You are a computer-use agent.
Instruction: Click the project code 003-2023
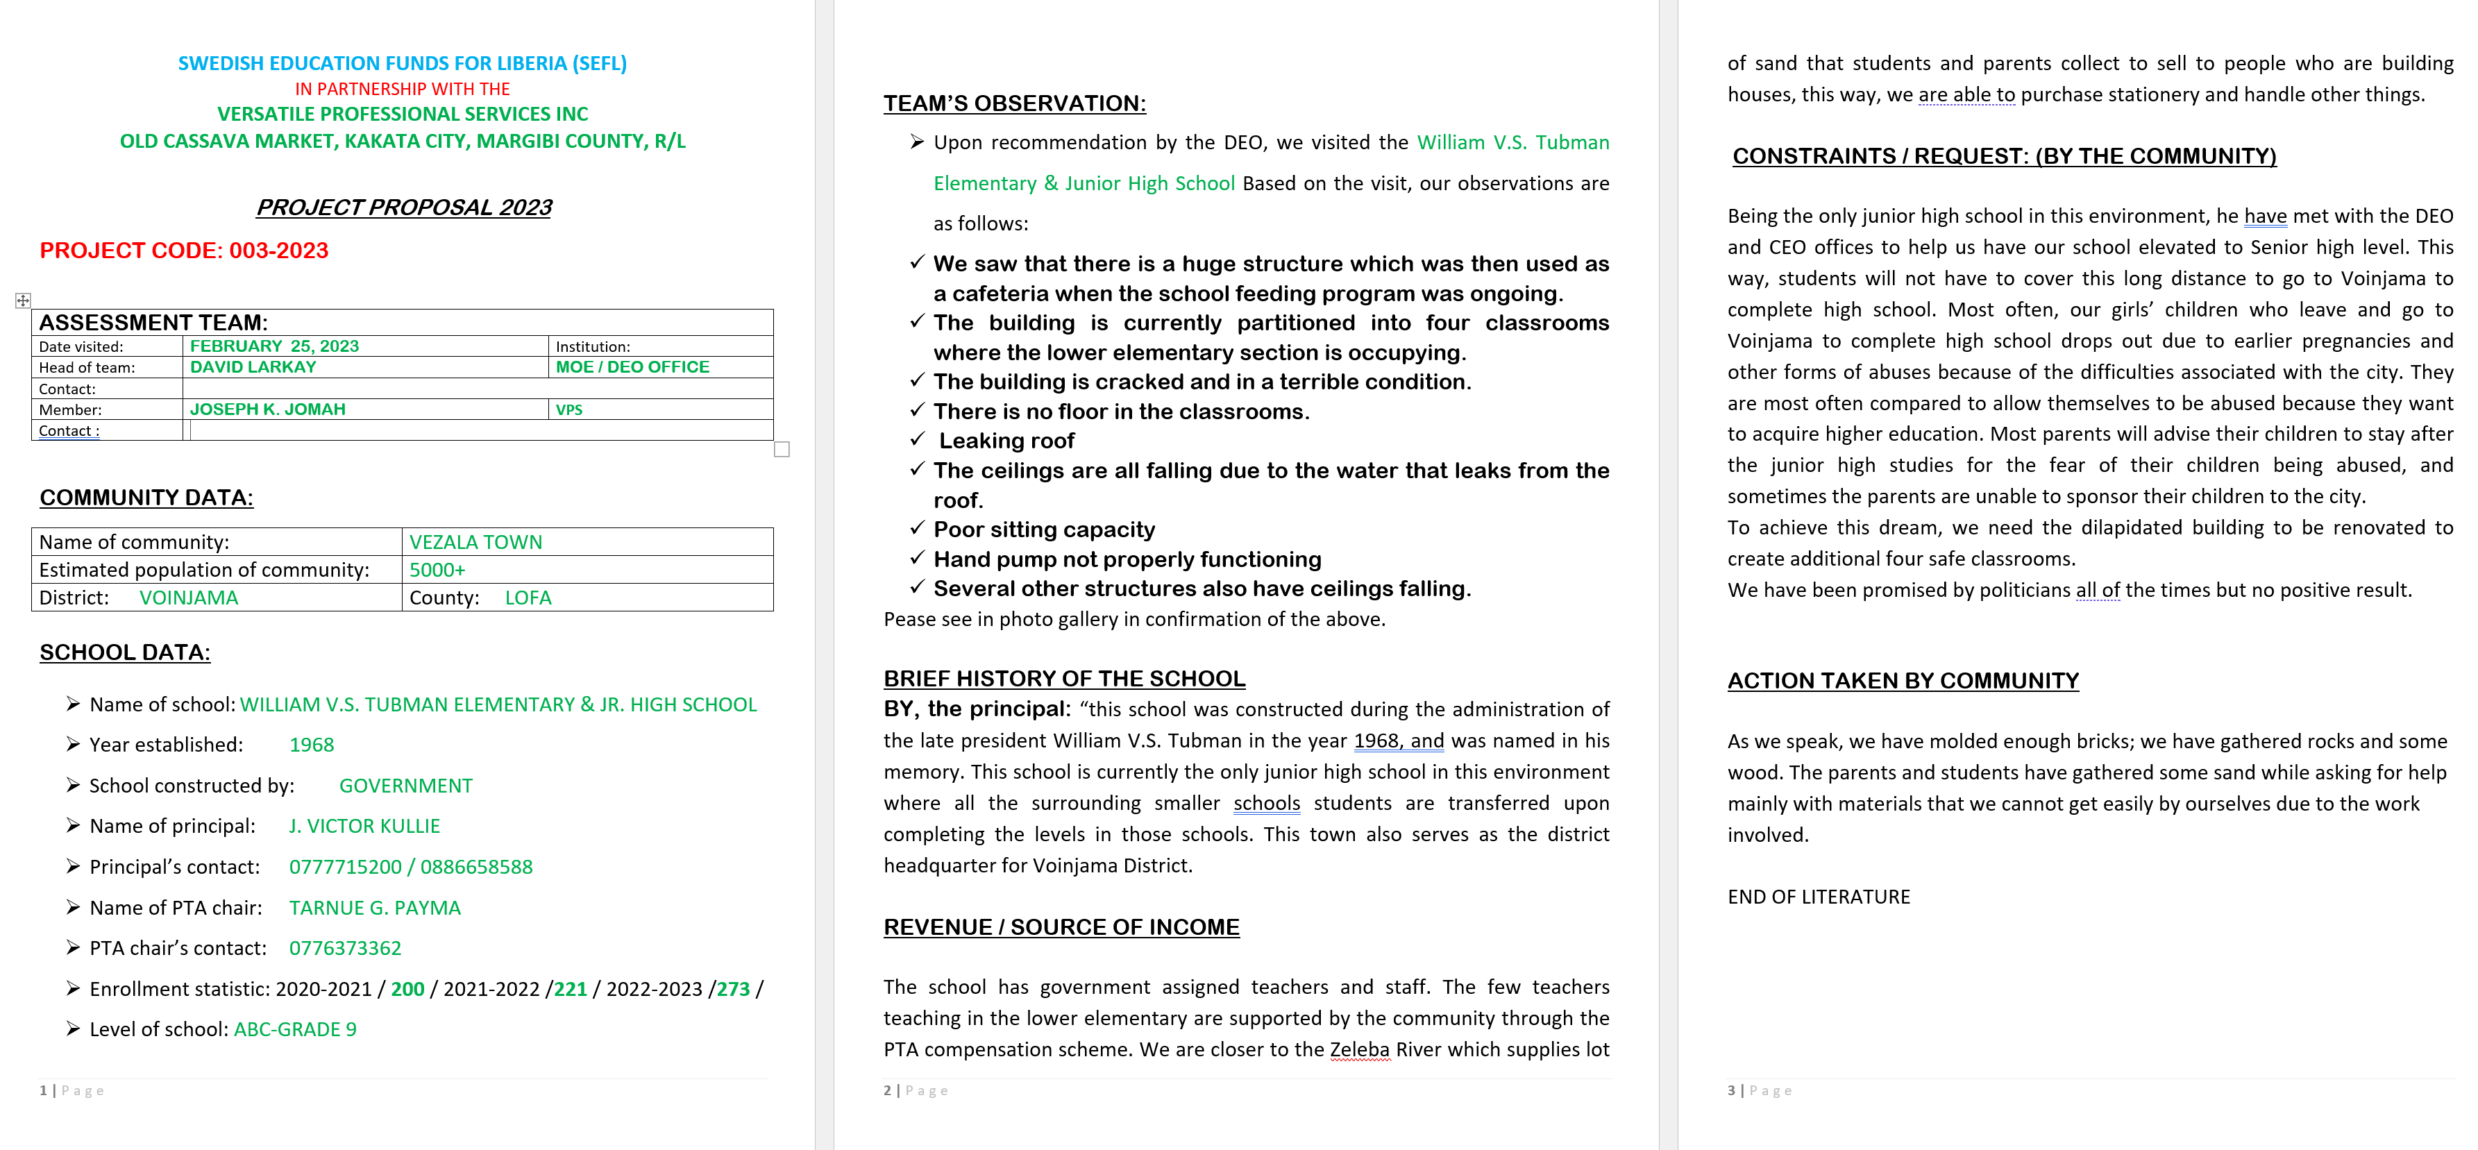click(279, 251)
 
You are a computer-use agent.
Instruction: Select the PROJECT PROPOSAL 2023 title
click(403, 208)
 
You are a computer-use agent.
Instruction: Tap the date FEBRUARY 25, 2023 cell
click(274, 346)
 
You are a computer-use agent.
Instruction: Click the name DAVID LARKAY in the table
click(253, 367)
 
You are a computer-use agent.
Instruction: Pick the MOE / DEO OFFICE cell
click(632, 367)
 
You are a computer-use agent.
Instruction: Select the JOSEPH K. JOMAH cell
click(267, 409)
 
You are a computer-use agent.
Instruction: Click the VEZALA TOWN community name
click(475, 542)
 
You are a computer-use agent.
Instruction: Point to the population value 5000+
click(437, 570)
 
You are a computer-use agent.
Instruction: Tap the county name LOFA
click(528, 598)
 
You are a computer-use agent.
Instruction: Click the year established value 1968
click(312, 745)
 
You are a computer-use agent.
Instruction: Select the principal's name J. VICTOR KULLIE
click(364, 827)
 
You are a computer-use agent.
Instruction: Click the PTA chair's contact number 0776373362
click(346, 949)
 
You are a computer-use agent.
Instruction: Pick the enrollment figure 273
click(733, 990)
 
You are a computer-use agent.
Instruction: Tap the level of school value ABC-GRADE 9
click(295, 1030)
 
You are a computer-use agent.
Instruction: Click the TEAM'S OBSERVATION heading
click(1014, 104)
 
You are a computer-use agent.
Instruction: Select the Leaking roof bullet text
click(1006, 441)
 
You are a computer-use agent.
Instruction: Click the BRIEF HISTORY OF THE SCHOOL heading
click(1064, 679)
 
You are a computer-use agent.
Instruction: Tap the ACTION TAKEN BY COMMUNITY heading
click(1903, 681)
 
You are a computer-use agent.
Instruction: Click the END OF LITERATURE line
click(1818, 897)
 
